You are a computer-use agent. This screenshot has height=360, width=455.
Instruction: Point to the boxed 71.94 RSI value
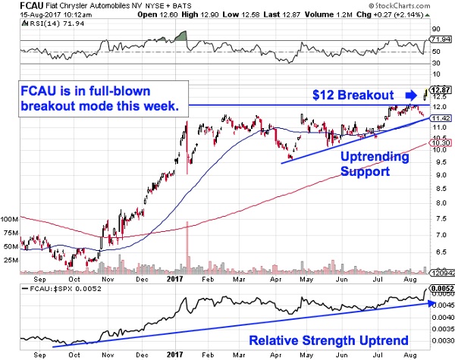coord(441,38)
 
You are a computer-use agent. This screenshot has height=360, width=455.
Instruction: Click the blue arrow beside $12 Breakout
coord(410,95)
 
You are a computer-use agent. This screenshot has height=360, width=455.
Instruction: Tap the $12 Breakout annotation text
coord(353,95)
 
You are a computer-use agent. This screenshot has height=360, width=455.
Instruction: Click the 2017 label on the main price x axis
coord(174,278)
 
